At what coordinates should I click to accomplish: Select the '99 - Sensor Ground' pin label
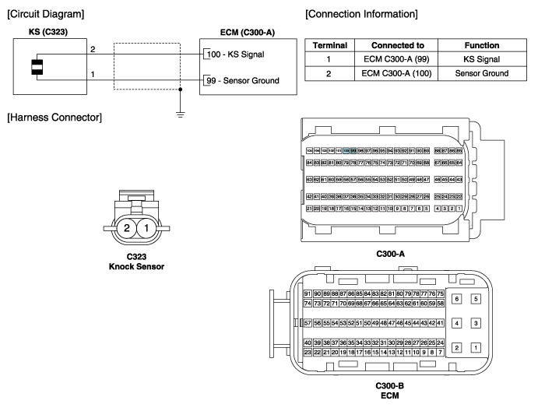[243, 80]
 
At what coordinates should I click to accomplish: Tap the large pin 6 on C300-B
[457, 298]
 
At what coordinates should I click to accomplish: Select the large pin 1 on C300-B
[476, 347]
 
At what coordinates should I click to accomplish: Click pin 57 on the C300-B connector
[308, 322]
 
